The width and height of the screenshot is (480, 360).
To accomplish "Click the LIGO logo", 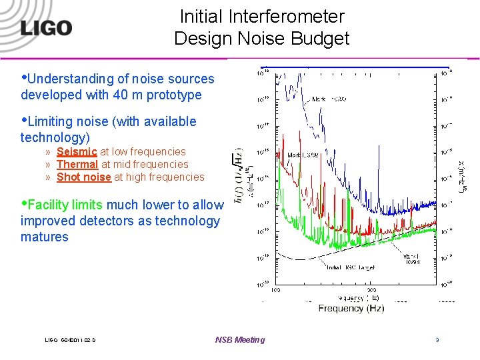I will click(46, 27).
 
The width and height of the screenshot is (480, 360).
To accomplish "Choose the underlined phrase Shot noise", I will click(83, 177).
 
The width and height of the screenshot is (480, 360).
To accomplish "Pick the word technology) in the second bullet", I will click(55, 137).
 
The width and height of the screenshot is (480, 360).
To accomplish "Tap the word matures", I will click(45, 237).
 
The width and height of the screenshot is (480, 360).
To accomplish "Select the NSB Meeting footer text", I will click(240, 340).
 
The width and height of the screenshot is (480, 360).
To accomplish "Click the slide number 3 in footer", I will click(437, 340).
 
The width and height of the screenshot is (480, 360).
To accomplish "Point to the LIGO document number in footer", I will click(70, 340).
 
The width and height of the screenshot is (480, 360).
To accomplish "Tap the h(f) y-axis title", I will click(240, 177).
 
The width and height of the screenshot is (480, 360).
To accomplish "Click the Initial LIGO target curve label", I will click(351, 268).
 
